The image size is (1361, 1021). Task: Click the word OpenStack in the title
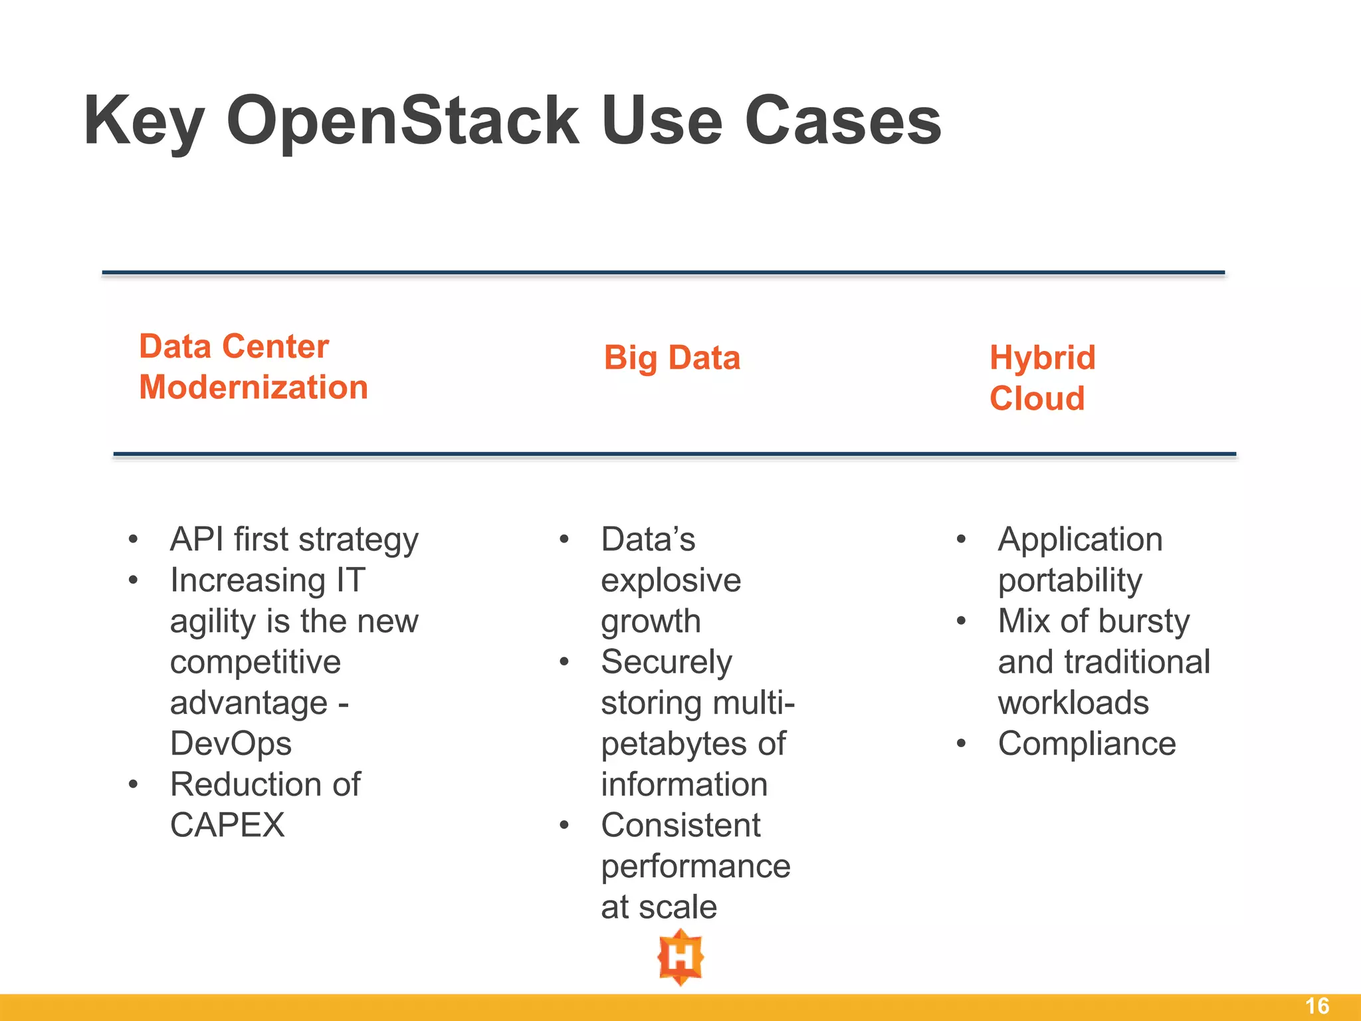coord(403,121)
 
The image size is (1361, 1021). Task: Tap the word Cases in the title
coord(843,121)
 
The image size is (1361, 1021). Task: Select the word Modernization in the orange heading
coord(253,388)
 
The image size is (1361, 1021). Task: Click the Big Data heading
coord(672,358)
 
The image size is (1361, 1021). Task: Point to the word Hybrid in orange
coord(1042,358)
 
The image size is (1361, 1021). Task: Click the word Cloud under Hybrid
coord(1037,399)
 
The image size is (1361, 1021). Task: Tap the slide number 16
coord(1316,1006)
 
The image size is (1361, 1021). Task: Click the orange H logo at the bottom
coord(680,957)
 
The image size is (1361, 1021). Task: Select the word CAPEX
coord(227,826)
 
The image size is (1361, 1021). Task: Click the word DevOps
coord(231,744)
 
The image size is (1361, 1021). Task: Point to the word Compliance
coord(1087,744)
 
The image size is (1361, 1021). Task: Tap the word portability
coord(1070,580)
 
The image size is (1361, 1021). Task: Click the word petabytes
coord(672,744)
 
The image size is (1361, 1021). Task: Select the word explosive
coord(671,580)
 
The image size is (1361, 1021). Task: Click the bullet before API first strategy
coord(134,539)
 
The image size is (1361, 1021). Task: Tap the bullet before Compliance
coord(961,744)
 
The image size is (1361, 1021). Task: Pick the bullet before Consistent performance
coord(564,826)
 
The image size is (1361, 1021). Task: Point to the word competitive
coord(255,662)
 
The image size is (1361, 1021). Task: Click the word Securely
coord(666,662)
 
